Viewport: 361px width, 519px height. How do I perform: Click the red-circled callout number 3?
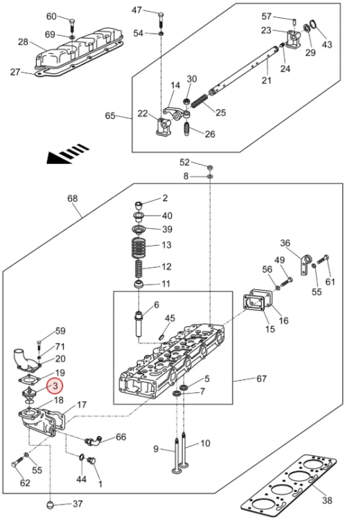(55, 385)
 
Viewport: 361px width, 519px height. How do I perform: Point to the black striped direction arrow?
(68, 154)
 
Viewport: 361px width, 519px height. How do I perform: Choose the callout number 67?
(261, 379)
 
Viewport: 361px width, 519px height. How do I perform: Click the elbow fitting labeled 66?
(92, 441)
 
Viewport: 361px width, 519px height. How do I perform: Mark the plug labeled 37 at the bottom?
(50, 504)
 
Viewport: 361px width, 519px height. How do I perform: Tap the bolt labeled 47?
(161, 21)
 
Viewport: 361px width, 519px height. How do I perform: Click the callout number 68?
(72, 199)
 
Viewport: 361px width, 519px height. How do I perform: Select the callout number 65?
(110, 116)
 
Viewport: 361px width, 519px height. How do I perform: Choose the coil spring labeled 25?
(199, 100)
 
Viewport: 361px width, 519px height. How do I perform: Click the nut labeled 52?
(209, 167)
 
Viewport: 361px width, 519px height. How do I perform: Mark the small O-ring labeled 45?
(161, 337)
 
